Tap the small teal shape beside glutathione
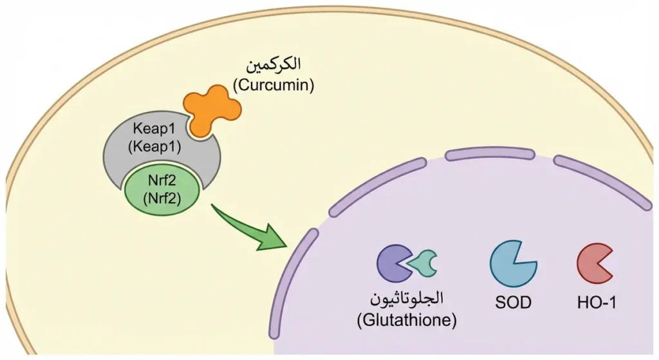coord(423,263)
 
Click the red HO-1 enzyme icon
coord(593,263)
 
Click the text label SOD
coord(512,301)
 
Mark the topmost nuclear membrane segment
coord(490,153)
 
